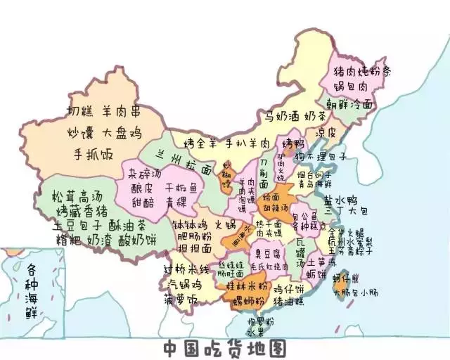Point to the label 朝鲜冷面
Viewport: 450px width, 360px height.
coord(349,104)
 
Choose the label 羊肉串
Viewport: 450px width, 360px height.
coord(121,111)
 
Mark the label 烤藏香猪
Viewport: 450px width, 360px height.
coord(83,211)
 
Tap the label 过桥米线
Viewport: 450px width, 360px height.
coord(186,270)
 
